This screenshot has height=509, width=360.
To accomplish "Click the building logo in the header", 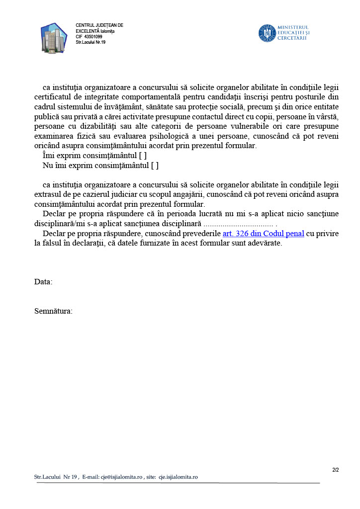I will (x=54, y=37).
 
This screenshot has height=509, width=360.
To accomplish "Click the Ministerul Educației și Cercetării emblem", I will (x=267, y=33).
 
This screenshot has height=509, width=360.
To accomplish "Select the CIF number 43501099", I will (x=93, y=37).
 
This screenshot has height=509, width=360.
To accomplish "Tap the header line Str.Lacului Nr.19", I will (x=90, y=42).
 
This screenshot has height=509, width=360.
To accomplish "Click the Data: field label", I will (x=43, y=282).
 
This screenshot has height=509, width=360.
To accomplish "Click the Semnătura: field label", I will (x=53, y=311).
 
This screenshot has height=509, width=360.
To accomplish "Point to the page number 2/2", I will (x=335, y=470).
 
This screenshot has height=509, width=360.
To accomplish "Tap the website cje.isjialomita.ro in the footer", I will (x=178, y=477).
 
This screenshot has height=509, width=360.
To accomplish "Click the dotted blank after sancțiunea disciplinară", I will (x=239, y=224).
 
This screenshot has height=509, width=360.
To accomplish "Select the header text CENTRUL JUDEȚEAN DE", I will (x=99, y=25).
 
